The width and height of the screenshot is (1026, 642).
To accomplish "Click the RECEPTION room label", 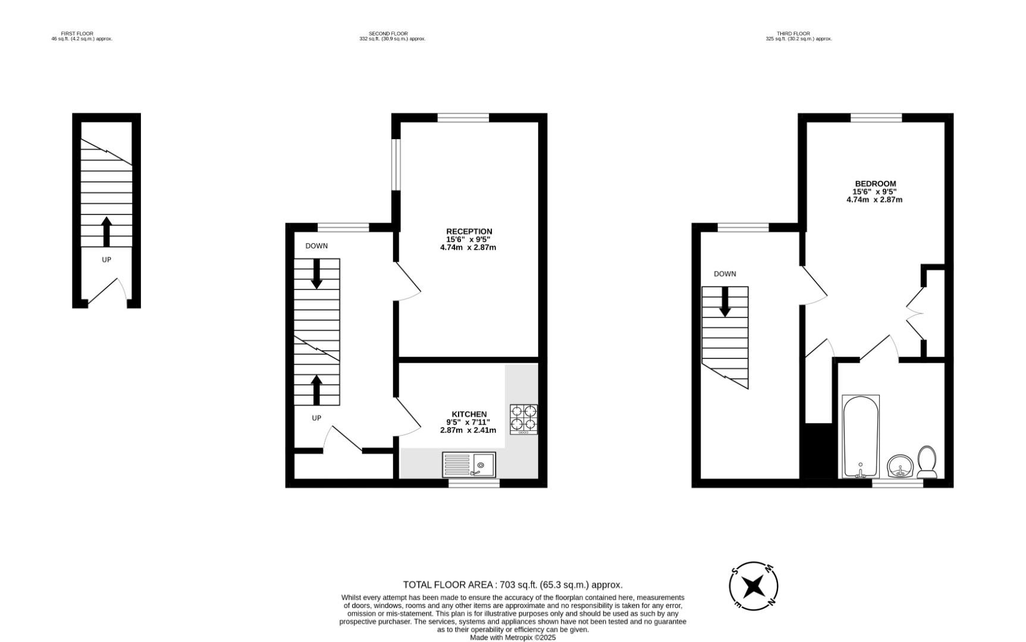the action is pyautogui.click(x=469, y=231).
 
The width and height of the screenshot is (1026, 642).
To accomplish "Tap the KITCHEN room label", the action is pyautogui.click(x=469, y=414).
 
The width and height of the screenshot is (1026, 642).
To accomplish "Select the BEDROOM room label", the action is pyautogui.click(x=876, y=184).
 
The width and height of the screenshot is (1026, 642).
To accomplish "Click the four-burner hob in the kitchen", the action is pyautogui.click(x=523, y=419).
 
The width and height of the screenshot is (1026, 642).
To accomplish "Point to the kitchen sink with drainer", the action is pyautogui.click(x=469, y=465).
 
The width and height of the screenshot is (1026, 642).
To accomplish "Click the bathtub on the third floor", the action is pyautogui.click(x=861, y=436).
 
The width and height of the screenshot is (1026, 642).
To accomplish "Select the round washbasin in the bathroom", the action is pyautogui.click(x=901, y=465).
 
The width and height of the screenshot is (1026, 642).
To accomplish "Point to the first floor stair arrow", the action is pyautogui.click(x=106, y=232).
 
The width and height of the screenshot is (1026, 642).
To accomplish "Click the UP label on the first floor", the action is pyautogui.click(x=106, y=260).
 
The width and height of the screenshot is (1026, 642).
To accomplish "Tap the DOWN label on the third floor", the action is pyautogui.click(x=725, y=274).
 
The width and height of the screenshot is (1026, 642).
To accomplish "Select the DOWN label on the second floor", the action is pyautogui.click(x=316, y=246).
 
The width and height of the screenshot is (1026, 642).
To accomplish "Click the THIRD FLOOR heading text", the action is pyautogui.click(x=793, y=34).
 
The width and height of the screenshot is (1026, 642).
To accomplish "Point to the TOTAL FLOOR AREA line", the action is pyautogui.click(x=513, y=585).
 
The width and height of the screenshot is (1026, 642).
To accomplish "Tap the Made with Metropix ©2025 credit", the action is pyautogui.click(x=513, y=637).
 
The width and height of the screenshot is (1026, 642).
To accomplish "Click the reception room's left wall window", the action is pyautogui.click(x=396, y=165).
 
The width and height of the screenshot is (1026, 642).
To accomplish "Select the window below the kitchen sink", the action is pyautogui.click(x=474, y=483).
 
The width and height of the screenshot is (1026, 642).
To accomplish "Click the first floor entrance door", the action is pyautogui.click(x=107, y=292).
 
